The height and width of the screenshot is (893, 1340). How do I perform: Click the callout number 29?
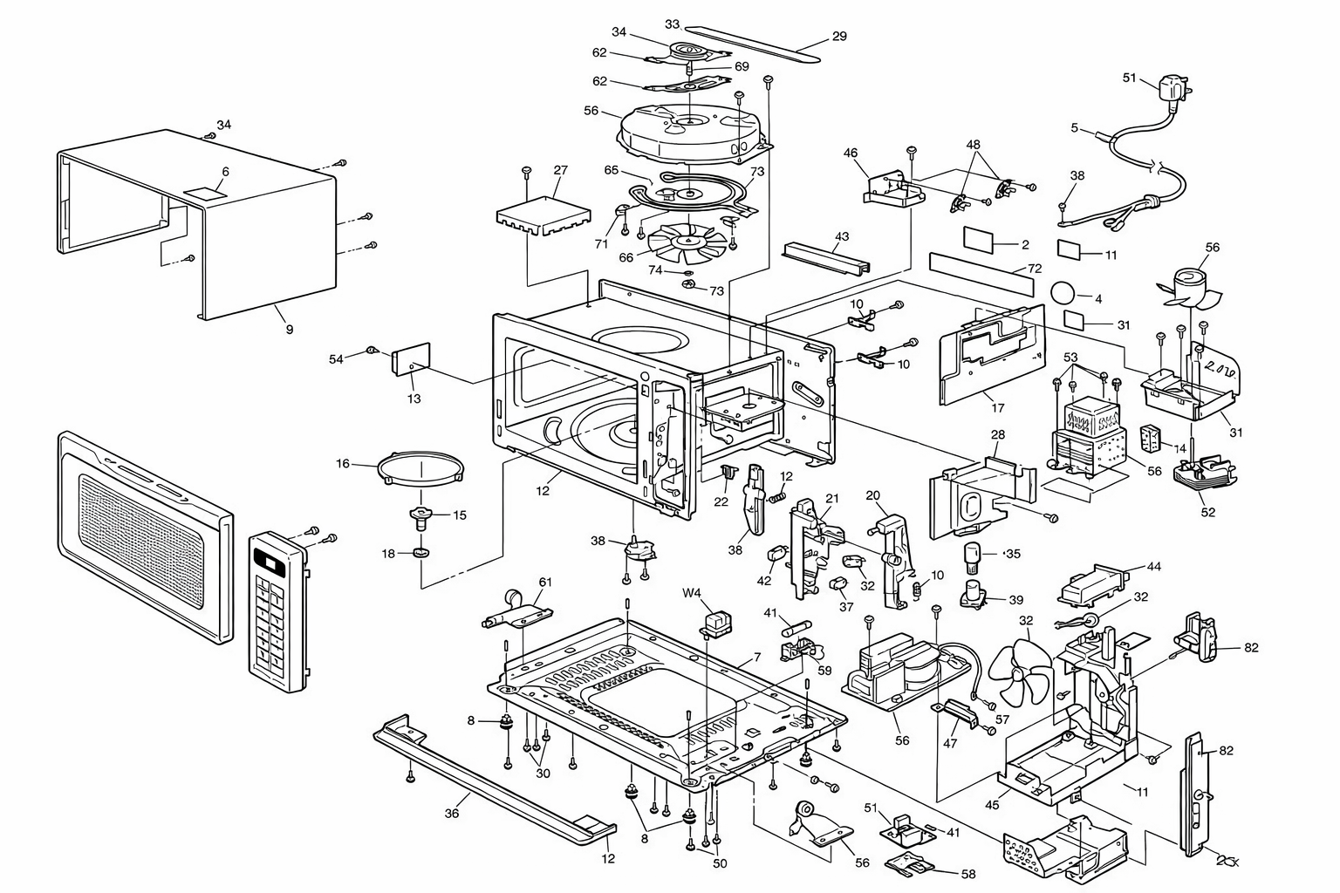tap(839, 37)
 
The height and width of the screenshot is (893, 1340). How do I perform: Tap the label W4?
tap(691, 593)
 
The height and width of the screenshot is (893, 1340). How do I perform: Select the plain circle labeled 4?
tap(1063, 294)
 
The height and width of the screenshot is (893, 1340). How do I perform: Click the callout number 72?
tap(1035, 269)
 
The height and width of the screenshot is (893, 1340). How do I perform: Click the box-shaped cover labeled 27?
tap(544, 215)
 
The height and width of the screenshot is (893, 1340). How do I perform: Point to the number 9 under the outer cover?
tap(290, 329)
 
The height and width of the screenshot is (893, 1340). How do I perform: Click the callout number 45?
tap(992, 805)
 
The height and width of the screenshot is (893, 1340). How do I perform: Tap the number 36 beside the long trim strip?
tap(452, 814)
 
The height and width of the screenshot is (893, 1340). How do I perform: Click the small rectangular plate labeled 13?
tap(411, 358)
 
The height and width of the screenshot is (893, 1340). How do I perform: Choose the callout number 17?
tap(998, 408)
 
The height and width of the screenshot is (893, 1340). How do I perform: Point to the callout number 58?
tap(967, 874)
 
